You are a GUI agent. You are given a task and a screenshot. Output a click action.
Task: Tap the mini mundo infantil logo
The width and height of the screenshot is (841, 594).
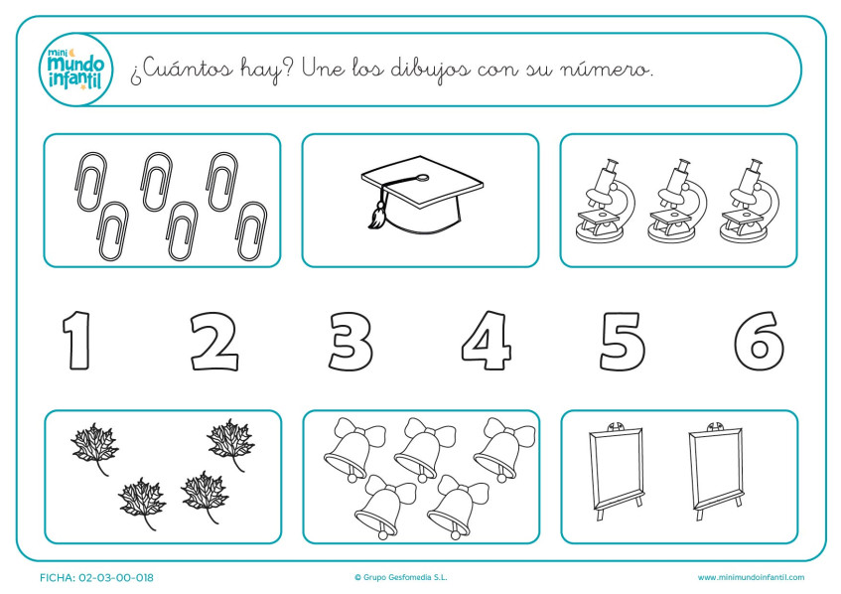click(x=75, y=70)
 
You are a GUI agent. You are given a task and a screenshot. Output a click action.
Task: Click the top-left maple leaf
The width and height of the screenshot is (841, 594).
click(x=94, y=446)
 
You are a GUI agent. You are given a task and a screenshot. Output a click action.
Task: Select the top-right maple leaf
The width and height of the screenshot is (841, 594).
click(x=230, y=443)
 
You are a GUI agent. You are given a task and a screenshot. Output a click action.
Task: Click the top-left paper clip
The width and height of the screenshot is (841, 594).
click(x=91, y=181)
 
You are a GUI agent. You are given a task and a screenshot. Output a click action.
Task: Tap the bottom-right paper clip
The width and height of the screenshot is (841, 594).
click(x=251, y=230)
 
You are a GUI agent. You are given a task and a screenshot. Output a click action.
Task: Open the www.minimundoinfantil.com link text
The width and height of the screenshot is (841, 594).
click(x=751, y=577)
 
